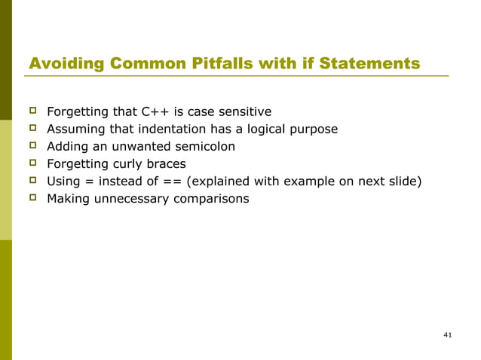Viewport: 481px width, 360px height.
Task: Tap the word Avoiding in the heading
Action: coord(65,64)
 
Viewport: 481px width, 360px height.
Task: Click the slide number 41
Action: coord(448,334)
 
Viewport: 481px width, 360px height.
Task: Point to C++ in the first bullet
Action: coord(156,113)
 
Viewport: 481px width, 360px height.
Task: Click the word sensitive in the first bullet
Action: coord(243,113)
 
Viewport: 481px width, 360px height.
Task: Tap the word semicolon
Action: coord(205,147)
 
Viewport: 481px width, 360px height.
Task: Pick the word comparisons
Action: coord(210,199)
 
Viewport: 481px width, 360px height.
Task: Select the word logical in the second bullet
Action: coord(260,130)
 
